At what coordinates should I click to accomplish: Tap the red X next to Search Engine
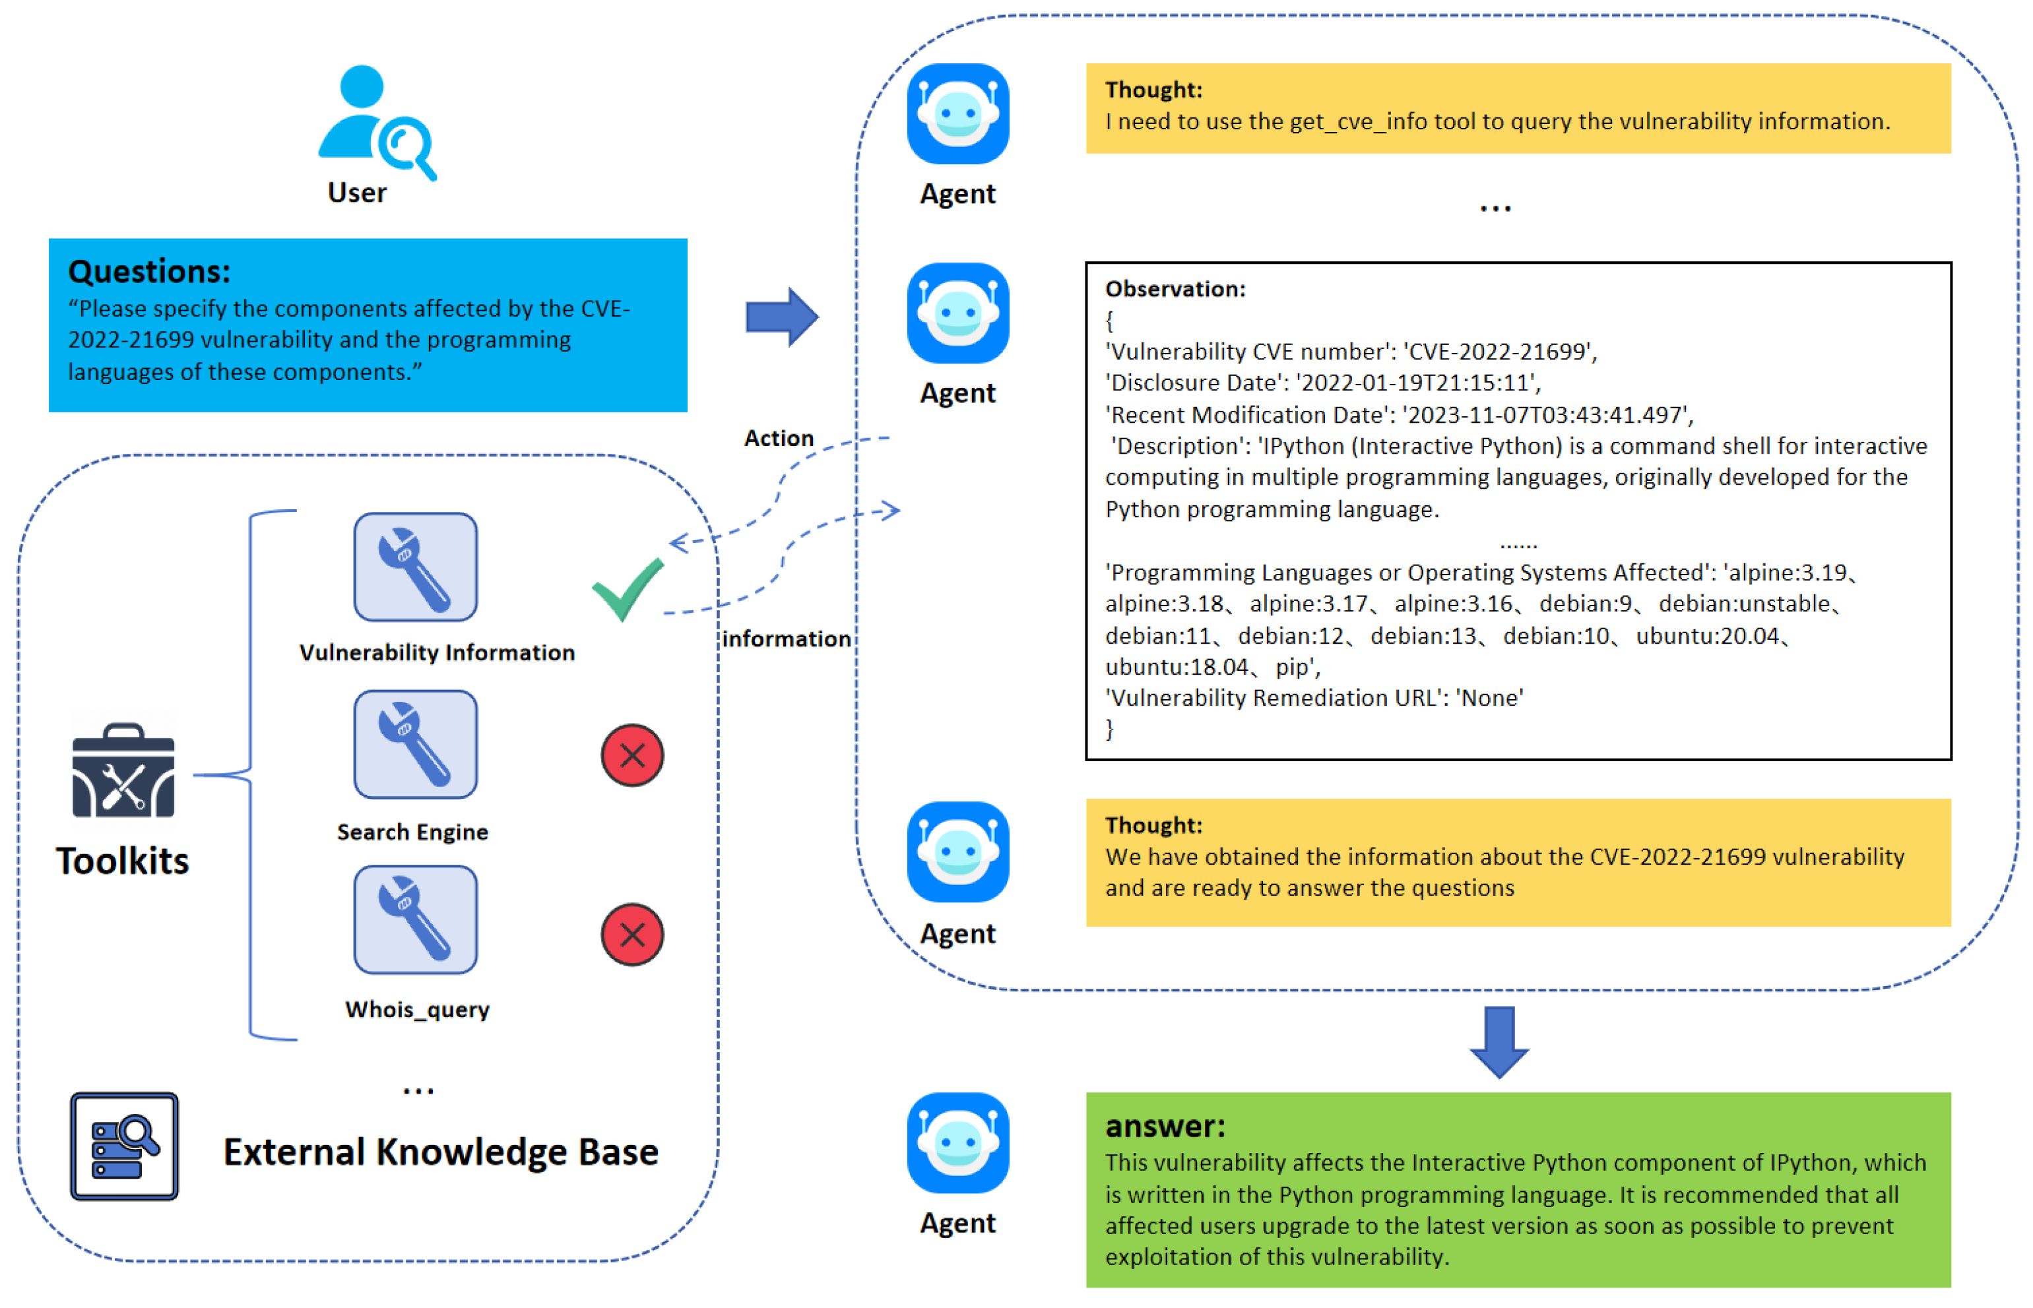pyautogui.click(x=632, y=755)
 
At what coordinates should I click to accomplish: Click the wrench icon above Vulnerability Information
pyautogui.click(x=416, y=567)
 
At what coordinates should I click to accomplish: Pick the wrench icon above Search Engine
pyautogui.click(x=416, y=744)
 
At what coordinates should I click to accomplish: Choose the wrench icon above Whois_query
pyautogui.click(x=416, y=920)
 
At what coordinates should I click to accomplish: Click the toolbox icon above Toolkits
pyautogui.click(x=124, y=770)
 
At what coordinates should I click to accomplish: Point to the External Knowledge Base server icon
pyautogui.click(x=124, y=1146)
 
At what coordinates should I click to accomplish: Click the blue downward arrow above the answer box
pyautogui.click(x=1499, y=1042)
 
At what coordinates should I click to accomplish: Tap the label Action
pyautogui.click(x=778, y=438)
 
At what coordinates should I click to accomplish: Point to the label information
pyautogui.click(x=786, y=638)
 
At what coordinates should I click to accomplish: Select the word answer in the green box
pyautogui.click(x=1165, y=1126)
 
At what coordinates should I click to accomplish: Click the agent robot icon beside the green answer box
pyautogui.click(x=957, y=1142)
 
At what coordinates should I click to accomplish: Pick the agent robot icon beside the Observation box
pyautogui.click(x=957, y=313)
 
